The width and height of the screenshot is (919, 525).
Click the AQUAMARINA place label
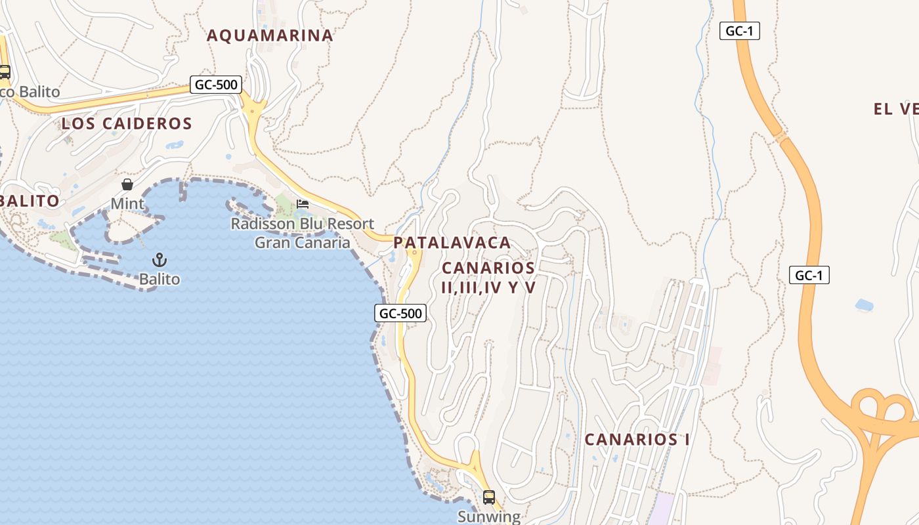coord(270,35)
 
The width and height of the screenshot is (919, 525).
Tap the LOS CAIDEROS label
coord(127,123)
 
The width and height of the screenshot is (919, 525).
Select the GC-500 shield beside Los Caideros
coord(216,85)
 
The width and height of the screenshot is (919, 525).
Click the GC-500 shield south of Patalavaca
coord(400,314)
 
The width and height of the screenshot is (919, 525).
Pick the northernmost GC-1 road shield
coord(739,31)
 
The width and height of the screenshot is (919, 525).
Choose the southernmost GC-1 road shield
coord(809,276)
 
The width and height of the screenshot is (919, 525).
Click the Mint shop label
coord(127,204)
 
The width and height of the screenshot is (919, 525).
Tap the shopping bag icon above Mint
coord(127,184)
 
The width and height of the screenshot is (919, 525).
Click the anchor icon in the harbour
coord(159,260)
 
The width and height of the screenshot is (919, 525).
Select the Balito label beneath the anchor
coord(159,280)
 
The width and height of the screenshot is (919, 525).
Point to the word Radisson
coord(260,224)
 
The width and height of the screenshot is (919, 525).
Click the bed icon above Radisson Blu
coord(303,203)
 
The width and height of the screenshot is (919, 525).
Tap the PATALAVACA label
coord(452,243)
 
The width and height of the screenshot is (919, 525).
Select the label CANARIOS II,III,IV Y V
coord(488,278)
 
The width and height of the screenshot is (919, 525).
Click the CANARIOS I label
coord(637,440)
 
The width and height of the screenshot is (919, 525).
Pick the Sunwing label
coord(488,516)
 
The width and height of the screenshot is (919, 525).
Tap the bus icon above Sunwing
coord(488,497)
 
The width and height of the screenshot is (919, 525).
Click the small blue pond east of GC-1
coord(864,305)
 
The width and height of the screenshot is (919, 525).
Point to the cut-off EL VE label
coord(895,110)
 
